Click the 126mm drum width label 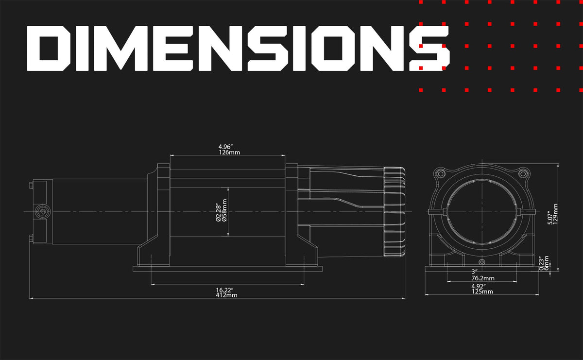coord(229,152)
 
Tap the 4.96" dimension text coord(225,147)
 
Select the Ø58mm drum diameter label coord(224,210)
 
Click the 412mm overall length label coord(226,295)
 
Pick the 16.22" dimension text coord(224,290)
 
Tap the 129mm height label coord(555,214)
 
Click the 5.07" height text coord(549,218)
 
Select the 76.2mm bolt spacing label coord(483,278)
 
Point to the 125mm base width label coord(482,291)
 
